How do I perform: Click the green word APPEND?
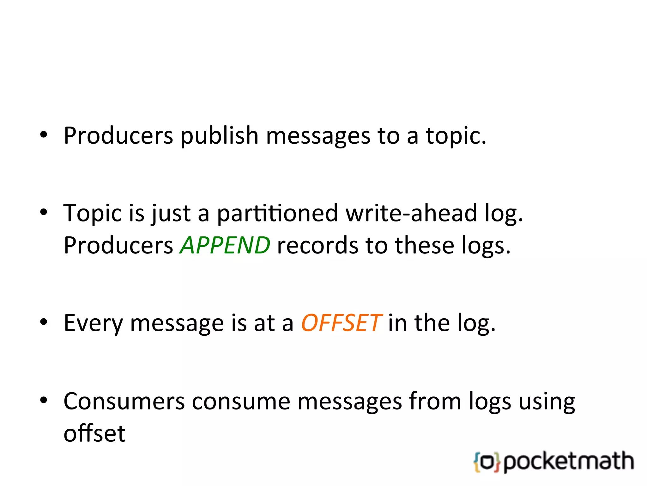tap(225, 246)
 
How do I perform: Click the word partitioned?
tap(277, 214)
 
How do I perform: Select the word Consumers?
tap(124, 401)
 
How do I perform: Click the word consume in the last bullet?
tap(241, 401)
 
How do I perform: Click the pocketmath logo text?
tap(569, 462)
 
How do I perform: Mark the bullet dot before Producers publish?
tap(44, 135)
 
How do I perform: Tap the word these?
tap(424, 246)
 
